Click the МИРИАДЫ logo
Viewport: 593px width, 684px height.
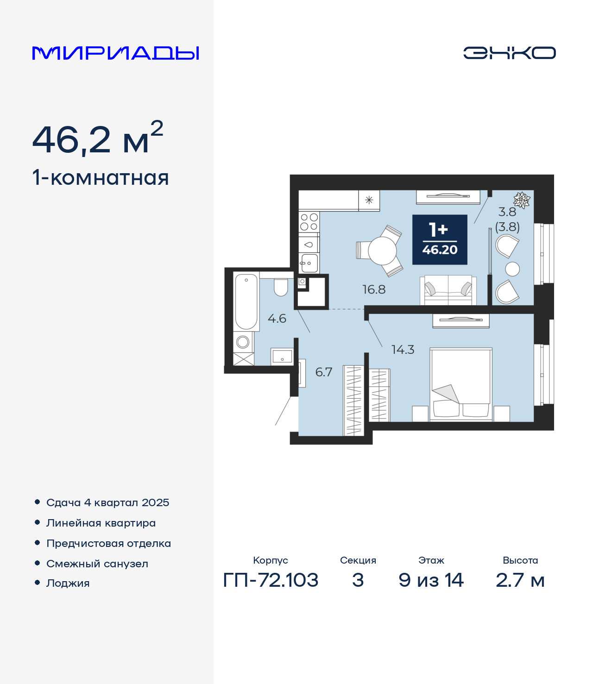(x=115, y=53)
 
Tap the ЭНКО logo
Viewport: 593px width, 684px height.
(x=509, y=53)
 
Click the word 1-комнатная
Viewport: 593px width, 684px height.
(x=101, y=178)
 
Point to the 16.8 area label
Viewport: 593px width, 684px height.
(x=374, y=289)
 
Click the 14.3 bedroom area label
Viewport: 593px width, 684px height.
(x=403, y=350)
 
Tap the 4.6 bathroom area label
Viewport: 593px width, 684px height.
(x=277, y=319)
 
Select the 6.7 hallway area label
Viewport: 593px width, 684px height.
(x=323, y=372)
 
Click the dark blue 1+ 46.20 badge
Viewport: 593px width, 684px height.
(x=440, y=239)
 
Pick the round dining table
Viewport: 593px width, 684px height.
(x=382, y=251)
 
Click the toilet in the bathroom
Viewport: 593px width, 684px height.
(x=281, y=287)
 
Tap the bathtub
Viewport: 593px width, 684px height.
(x=246, y=301)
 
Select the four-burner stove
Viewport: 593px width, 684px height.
(x=309, y=222)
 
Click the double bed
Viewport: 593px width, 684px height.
(x=461, y=384)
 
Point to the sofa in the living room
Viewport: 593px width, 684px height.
(x=448, y=290)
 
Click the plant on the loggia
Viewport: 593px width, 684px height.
(x=522, y=200)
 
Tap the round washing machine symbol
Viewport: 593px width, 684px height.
(x=243, y=342)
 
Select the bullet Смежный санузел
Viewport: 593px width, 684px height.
(x=97, y=564)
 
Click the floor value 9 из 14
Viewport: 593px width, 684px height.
(x=431, y=580)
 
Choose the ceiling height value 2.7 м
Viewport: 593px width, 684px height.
(x=520, y=580)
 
